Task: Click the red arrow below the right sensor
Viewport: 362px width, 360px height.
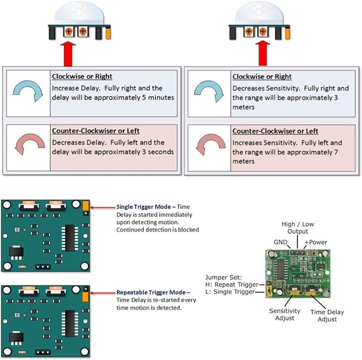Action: pyautogui.click(x=261, y=53)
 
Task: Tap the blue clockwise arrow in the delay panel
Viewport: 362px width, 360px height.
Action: pyautogui.click(x=27, y=92)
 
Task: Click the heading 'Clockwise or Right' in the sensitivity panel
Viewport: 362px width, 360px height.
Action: pyautogui.click(x=262, y=77)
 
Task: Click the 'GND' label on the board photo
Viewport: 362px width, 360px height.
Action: pyautogui.click(x=280, y=242)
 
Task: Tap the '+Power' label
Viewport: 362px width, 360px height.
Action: pyautogui.click(x=315, y=242)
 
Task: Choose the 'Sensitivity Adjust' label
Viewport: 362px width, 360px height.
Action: pyautogui.click(x=285, y=314)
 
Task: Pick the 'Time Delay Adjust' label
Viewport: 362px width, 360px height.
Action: pyautogui.click(x=327, y=316)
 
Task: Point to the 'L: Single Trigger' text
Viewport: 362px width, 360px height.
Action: pyautogui.click(x=230, y=292)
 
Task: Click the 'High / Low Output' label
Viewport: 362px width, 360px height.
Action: pyautogui.click(x=297, y=227)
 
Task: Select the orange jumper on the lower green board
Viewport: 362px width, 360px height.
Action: pyautogui.click(x=85, y=296)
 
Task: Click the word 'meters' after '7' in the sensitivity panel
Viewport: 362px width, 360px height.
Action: pyautogui.click(x=243, y=161)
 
